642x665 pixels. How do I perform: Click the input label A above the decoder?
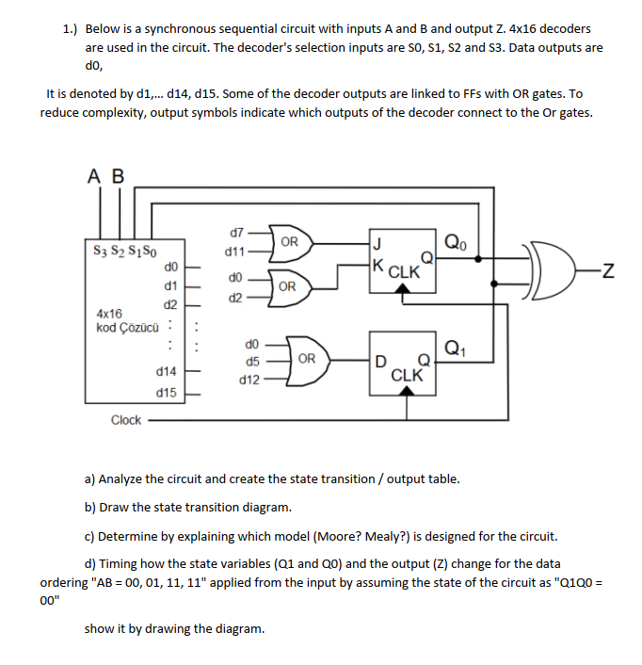click(95, 176)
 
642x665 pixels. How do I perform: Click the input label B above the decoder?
click(118, 176)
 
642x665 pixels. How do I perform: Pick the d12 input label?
click(249, 380)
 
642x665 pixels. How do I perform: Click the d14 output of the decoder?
click(169, 373)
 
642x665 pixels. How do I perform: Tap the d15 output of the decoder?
click(169, 391)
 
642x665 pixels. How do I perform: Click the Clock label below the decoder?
click(125, 420)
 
